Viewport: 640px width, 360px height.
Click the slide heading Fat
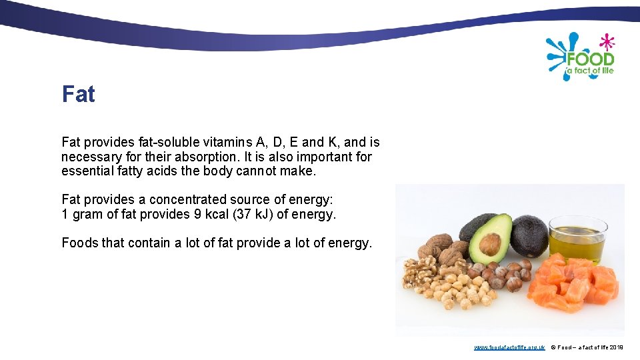78,95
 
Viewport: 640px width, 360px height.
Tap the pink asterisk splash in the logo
606,42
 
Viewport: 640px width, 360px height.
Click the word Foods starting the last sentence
79,243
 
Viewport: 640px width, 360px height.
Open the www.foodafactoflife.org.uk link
509,347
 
